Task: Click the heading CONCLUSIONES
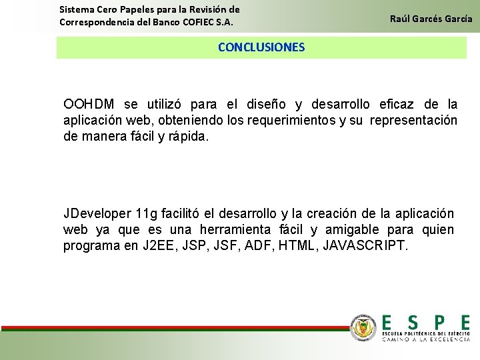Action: [261, 47]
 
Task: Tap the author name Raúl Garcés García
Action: [431, 19]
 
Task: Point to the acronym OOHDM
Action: [89, 105]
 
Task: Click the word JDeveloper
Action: [97, 214]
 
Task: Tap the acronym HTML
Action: [295, 246]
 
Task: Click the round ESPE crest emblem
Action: [363, 327]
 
